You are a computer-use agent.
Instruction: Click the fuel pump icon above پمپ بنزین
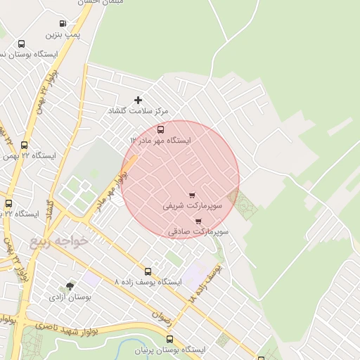click(x=63, y=23)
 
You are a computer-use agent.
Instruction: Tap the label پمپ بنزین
click(x=63, y=34)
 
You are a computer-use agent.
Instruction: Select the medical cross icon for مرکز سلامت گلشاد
click(x=138, y=101)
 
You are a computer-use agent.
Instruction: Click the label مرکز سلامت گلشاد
click(x=138, y=112)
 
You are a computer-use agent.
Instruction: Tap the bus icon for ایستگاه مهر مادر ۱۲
click(x=161, y=129)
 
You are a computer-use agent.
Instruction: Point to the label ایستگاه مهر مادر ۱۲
click(x=160, y=141)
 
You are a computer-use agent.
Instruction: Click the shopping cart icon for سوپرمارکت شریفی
click(x=192, y=195)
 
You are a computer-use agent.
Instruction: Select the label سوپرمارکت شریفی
click(x=192, y=207)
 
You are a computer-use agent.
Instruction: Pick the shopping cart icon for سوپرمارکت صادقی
click(x=198, y=221)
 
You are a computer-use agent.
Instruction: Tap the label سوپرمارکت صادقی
click(x=199, y=231)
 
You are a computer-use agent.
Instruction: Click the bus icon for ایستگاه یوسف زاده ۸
click(x=148, y=271)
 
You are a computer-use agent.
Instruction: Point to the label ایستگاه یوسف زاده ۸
click(x=148, y=282)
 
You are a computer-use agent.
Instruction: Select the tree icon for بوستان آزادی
click(x=70, y=286)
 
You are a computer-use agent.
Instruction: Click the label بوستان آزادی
click(x=70, y=297)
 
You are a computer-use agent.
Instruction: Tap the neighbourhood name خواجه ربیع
click(x=59, y=241)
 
